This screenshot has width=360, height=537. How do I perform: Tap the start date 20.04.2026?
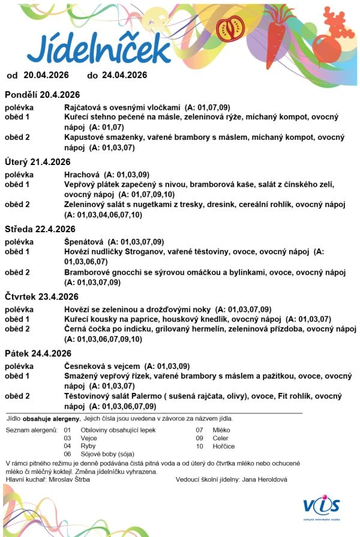(x=46, y=76)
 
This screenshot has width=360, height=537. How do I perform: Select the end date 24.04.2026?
(x=124, y=76)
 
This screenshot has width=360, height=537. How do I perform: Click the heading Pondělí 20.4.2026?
(x=43, y=95)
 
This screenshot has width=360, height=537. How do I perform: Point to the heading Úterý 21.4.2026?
(x=38, y=162)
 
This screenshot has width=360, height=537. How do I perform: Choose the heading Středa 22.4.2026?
(x=40, y=229)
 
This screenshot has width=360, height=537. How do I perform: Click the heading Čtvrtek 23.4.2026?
(x=42, y=296)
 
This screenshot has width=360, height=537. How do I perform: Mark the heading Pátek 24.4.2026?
(x=38, y=353)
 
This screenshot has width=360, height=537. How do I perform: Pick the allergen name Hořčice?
(x=223, y=446)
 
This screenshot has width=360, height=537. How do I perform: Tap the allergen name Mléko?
(x=221, y=430)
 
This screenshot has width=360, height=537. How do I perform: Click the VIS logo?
(x=322, y=505)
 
